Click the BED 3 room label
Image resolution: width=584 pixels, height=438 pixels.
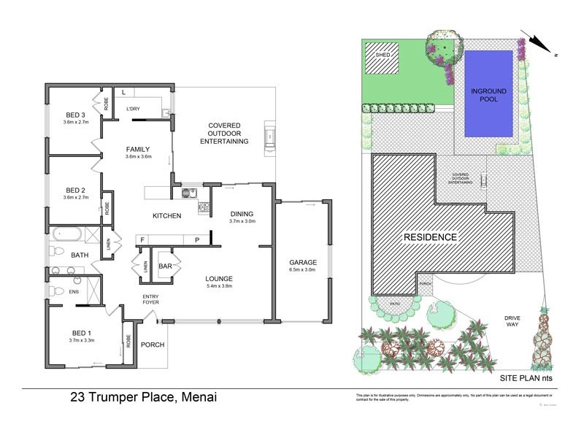click(76, 115)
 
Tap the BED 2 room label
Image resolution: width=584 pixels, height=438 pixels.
click(76, 188)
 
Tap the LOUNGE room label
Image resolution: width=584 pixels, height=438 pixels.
click(219, 278)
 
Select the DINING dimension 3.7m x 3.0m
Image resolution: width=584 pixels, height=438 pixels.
click(242, 220)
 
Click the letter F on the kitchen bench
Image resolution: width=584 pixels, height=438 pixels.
click(143, 239)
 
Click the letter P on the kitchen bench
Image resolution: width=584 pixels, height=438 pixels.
click(196, 239)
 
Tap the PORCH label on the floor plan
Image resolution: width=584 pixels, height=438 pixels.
click(152, 345)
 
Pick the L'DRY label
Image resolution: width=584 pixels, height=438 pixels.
click(134, 109)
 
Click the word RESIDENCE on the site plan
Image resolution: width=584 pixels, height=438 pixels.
click(431, 237)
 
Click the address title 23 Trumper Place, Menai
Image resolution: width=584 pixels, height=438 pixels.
click(143, 398)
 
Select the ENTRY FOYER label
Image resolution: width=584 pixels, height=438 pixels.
click(151, 299)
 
